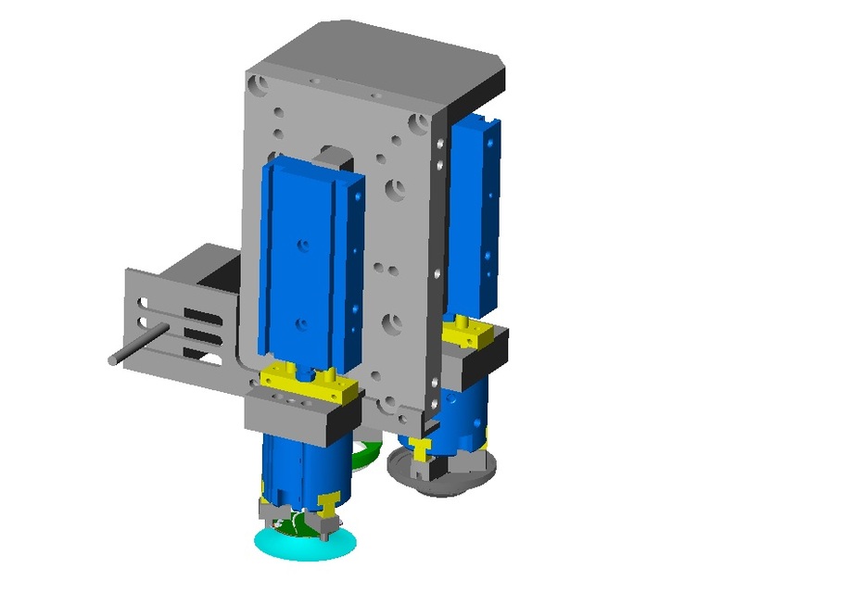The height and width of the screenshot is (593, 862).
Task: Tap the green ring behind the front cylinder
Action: pyautogui.click(x=367, y=455)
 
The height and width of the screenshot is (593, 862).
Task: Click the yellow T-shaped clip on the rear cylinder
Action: pyautogui.click(x=422, y=449)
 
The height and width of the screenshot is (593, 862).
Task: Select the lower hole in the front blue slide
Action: pyautogui.click(x=300, y=323)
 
